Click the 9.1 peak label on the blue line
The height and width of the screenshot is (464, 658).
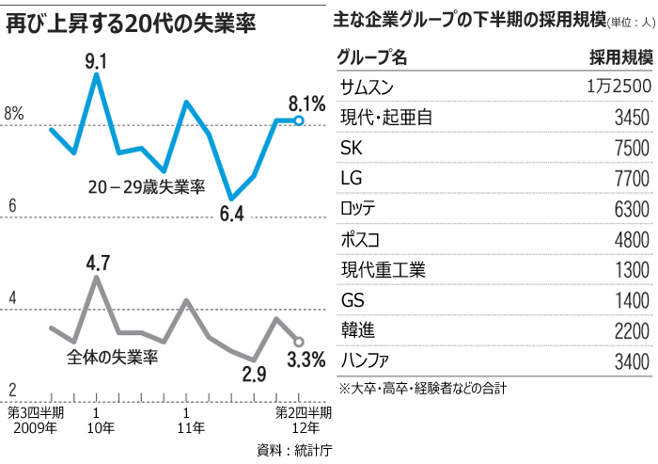pos(97,62)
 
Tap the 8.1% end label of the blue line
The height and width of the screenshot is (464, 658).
pos(306,103)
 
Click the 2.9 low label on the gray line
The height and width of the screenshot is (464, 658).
pos(254,375)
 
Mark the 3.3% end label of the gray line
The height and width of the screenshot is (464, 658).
pos(306,359)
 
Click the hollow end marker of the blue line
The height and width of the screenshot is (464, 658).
pos(299,120)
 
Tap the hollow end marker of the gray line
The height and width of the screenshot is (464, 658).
pos(299,342)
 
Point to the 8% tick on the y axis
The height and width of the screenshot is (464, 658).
pos(14,114)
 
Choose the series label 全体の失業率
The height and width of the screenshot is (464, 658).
pos(112,358)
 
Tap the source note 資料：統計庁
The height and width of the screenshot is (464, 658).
pos(293,449)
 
